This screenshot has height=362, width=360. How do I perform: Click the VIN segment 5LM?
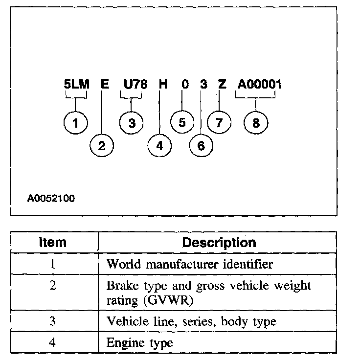77,84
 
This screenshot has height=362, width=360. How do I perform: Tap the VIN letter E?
104,84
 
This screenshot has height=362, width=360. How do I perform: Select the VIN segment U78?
135,84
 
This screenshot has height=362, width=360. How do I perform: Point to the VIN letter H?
163,84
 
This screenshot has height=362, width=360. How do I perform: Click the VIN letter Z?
222,84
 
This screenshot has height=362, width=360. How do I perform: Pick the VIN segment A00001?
259,84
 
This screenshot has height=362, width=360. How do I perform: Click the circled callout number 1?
76,122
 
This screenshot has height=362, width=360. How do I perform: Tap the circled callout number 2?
102,145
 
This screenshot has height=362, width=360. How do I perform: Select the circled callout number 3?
132,122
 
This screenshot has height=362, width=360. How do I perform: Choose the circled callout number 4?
160,145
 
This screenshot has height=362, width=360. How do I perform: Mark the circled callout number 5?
182,122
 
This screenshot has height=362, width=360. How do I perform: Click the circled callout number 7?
220,122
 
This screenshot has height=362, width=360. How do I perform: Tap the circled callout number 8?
256,122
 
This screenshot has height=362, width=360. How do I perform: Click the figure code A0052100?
51,199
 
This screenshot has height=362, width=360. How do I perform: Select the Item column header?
53,242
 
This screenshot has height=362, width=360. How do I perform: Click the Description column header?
219,242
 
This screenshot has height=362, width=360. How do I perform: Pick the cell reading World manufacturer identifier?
189,265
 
